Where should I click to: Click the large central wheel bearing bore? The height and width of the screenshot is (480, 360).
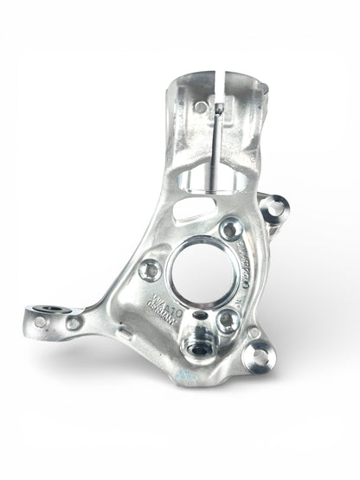(204, 274)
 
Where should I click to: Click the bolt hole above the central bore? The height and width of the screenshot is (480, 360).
(230, 229)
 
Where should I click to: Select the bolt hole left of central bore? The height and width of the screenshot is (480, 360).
(150, 270)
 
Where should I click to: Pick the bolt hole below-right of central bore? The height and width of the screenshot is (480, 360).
(227, 321)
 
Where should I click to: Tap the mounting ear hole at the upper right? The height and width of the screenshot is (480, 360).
(275, 208)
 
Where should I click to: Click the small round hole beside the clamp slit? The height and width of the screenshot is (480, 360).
(201, 107)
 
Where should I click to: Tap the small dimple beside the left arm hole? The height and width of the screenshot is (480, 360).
(40, 322)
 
